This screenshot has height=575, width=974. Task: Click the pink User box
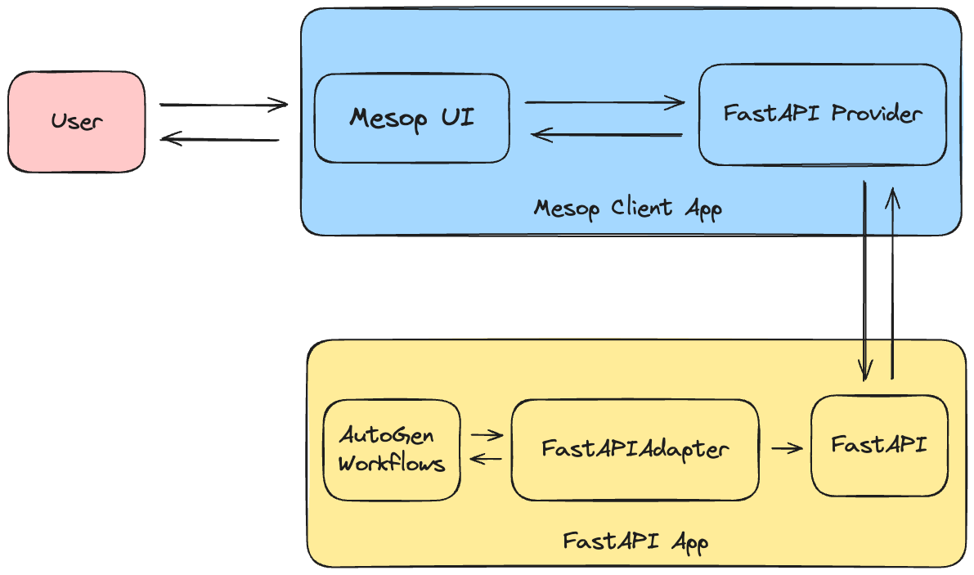point(77,122)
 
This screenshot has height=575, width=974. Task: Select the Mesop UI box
point(411,119)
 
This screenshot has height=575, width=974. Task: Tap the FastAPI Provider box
point(822,114)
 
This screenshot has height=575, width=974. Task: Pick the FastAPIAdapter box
point(635,449)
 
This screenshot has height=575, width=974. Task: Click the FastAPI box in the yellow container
point(879,446)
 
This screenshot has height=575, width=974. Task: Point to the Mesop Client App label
point(627,208)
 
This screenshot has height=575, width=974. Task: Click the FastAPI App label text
point(635,541)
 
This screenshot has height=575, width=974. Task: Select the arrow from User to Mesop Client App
point(223,105)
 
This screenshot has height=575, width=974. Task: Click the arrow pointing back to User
point(220,139)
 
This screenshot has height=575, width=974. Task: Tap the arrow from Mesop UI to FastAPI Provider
point(604,102)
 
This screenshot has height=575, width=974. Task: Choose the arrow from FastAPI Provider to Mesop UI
point(606,135)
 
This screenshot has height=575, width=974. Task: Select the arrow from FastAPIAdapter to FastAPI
point(786,448)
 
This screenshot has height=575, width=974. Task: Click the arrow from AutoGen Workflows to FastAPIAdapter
point(487,435)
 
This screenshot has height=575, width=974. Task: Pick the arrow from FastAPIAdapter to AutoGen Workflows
point(487,460)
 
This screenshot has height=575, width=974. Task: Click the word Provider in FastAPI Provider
point(876,114)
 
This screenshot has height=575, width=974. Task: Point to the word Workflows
point(392,464)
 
